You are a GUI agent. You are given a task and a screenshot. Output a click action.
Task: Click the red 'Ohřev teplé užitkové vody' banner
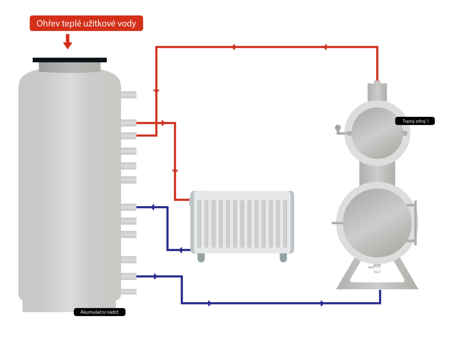(86, 23)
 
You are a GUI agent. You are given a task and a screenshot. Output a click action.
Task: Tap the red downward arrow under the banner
(68, 42)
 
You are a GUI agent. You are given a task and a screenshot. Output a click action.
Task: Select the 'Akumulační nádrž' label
(100, 312)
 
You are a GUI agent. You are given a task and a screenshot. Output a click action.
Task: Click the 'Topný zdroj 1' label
(415, 121)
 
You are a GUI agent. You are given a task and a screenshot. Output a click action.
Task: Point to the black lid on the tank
(70, 60)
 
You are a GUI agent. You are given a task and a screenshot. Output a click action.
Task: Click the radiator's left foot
(201, 258)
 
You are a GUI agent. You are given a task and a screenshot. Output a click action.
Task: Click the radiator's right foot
(283, 258)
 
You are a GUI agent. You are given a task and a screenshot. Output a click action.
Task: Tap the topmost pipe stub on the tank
(129, 95)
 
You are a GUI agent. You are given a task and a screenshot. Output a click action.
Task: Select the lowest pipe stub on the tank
(129, 292)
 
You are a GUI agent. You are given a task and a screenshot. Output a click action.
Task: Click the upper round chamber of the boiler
(377, 133)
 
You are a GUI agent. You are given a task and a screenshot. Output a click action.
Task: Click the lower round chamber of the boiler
(377, 223)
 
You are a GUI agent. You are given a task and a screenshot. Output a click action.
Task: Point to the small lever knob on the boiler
(338, 128)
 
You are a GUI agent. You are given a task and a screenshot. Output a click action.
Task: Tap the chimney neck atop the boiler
(377, 92)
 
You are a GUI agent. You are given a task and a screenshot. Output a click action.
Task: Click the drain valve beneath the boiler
(377, 269)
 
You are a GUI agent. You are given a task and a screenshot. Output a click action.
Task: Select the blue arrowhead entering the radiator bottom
(181, 250)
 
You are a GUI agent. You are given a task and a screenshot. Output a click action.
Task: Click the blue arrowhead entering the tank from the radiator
(153, 207)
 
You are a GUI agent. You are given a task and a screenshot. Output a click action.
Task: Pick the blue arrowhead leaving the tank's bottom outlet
(156, 276)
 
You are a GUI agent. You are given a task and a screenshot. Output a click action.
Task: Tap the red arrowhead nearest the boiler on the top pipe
(325, 47)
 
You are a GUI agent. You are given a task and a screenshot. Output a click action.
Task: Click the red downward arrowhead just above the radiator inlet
(175, 171)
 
